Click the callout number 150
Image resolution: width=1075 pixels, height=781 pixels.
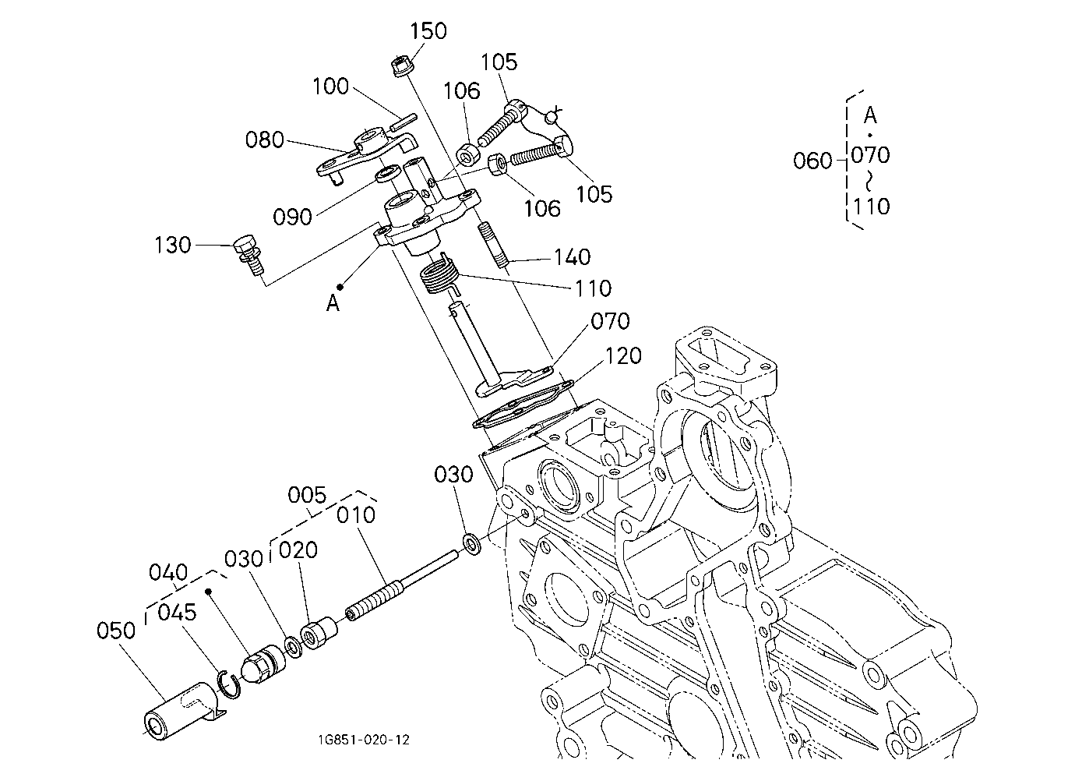(x=428, y=30)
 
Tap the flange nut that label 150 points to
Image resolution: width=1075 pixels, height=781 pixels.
(x=400, y=66)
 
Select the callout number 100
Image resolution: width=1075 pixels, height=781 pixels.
(x=330, y=87)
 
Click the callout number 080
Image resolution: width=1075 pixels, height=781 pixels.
(x=264, y=140)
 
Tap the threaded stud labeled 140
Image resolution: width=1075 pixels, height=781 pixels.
(x=492, y=246)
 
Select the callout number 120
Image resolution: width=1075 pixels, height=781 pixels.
(x=623, y=356)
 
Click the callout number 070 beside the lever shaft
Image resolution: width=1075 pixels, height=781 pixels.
(x=610, y=321)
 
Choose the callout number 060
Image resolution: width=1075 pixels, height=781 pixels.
(x=812, y=161)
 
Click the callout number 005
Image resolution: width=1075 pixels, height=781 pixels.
(x=307, y=495)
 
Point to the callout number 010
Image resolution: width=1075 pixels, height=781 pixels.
(x=356, y=515)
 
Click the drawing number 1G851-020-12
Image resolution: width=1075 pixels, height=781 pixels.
(x=364, y=740)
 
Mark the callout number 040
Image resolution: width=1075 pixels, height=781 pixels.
(x=168, y=573)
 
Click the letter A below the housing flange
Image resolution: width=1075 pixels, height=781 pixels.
(x=333, y=303)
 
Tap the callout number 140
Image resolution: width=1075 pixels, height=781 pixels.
(x=572, y=257)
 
